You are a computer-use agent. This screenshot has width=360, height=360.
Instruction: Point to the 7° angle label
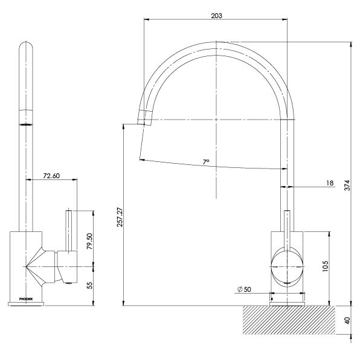206,162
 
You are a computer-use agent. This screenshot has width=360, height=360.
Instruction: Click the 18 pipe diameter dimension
330,182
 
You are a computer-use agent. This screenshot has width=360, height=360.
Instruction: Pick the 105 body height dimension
326,266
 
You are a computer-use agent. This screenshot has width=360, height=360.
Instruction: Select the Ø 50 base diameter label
245,289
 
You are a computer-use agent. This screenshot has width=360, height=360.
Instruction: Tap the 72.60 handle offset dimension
51,176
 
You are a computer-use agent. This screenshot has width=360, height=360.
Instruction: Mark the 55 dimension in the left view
90,286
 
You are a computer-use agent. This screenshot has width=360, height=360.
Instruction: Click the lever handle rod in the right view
288,230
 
